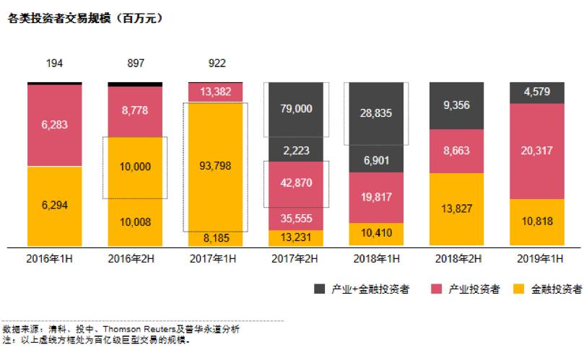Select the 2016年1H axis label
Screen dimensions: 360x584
(55, 258)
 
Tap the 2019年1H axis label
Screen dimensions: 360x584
(537, 258)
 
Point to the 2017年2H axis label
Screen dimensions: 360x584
(296, 258)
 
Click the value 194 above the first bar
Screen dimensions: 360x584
(55, 63)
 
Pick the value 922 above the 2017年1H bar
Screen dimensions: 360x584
(216, 63)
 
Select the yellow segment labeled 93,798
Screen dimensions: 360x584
(216, 166)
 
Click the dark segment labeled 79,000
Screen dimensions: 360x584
(296, 108)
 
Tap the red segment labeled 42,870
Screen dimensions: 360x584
(296, 183)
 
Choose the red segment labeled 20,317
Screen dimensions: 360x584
(537, 150)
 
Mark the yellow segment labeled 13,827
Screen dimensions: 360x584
(457, 209)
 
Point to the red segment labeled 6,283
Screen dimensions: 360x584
(55, 126)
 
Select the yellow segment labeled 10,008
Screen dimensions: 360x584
(136, 221)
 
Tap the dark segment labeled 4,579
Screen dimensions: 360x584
(537, 92)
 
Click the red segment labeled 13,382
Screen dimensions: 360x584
(216, 92)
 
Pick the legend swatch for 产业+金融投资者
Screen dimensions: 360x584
(319, 289)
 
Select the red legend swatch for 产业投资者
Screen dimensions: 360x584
(433, 289)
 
